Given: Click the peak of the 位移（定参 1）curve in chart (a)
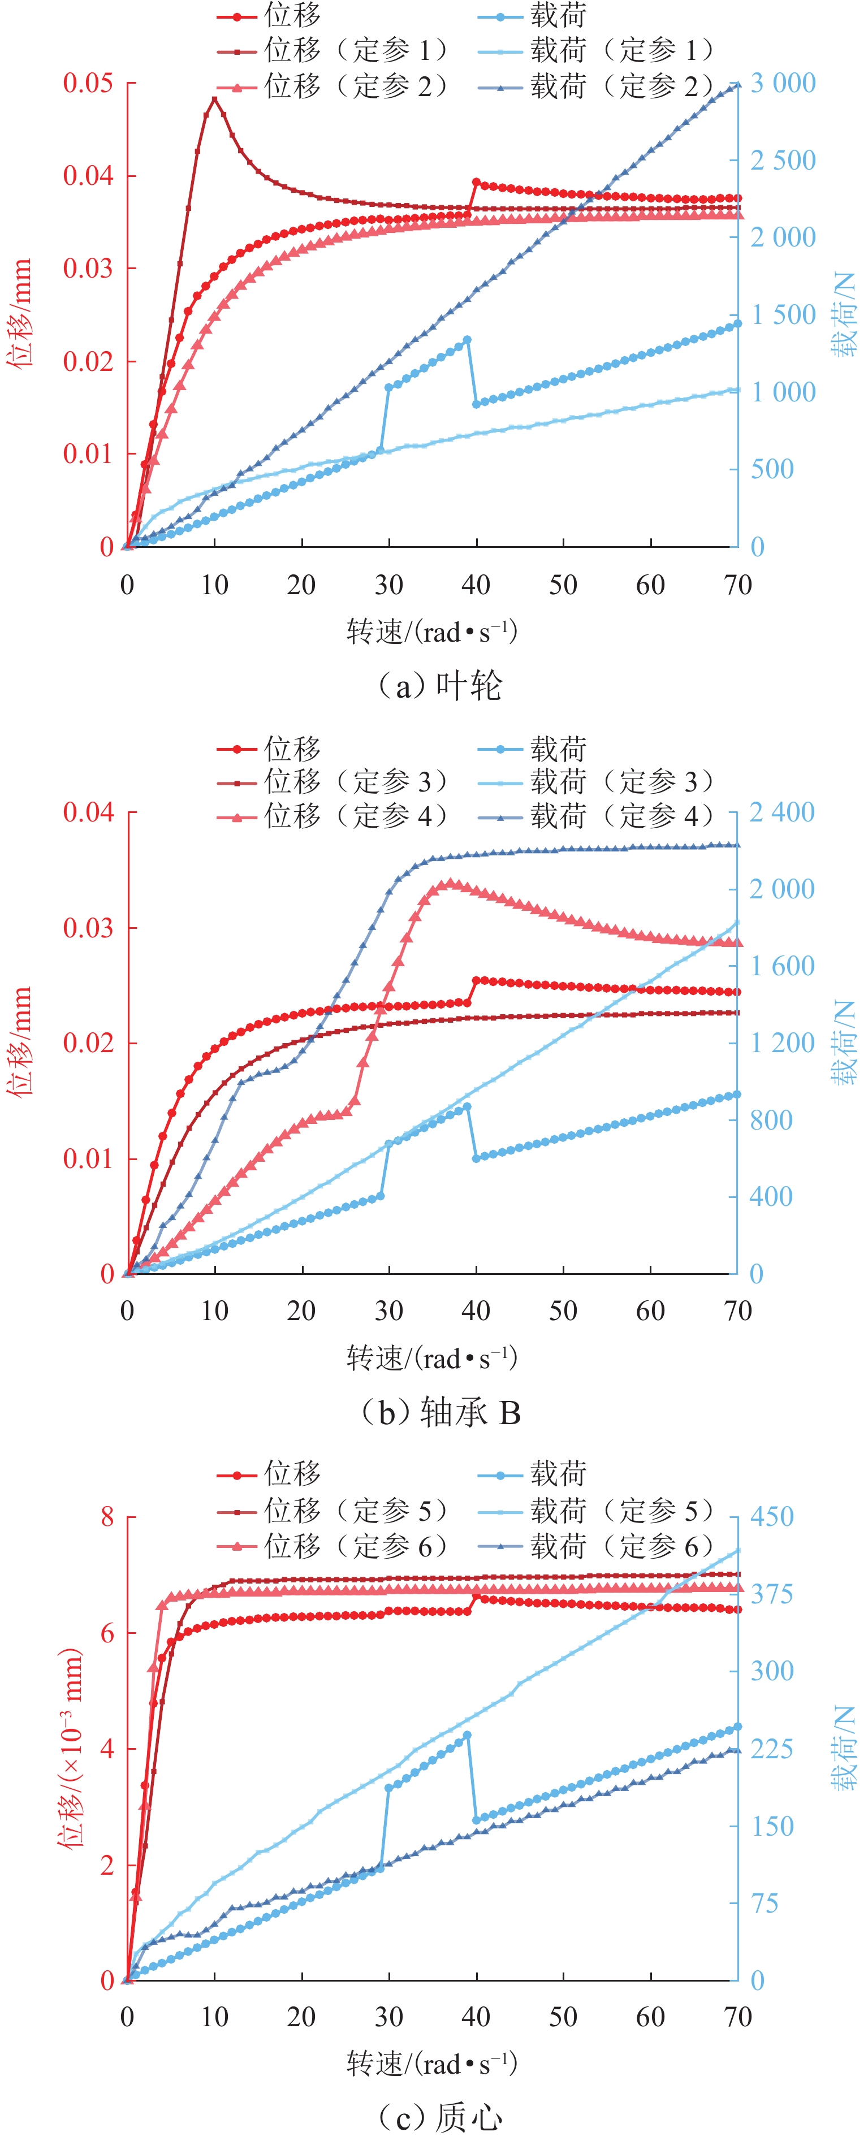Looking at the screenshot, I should point(214,99).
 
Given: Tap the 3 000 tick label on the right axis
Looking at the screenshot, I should point(783,83).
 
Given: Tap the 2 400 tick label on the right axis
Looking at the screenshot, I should point(781,812).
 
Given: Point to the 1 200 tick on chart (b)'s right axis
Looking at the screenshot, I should point(781,1043).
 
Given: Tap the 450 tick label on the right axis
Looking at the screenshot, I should point(771,1517).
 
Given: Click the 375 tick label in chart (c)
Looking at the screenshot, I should point(771,1594).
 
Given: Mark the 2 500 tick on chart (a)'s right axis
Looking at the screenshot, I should point(783,161).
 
